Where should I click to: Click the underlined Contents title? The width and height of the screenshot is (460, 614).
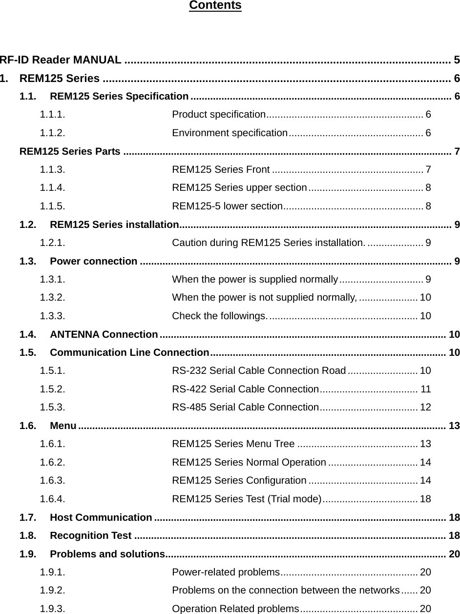pyautogui.click(x=215, y=5)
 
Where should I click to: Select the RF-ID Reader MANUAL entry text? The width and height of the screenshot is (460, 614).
pyautogui.click(x=61, y=60)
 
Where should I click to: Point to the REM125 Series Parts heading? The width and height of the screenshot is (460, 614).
pyautogui.click(x=70, y=151)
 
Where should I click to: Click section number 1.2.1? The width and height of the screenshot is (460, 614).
pyautogui.click(x=53, y=243)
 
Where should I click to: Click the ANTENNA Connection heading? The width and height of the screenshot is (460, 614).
pyautogui.click(x=104, y=334)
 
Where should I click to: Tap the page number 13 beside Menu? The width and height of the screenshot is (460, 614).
pyautogui.click(x=454, y=426)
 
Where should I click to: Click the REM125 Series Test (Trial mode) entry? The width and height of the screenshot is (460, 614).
pyautogui.click(x=247, y=499)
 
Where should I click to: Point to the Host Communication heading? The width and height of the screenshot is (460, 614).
pyautogui.click(x=101, y=517)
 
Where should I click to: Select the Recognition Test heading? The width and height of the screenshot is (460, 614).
pyautogui.click(x=90, y=535)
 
